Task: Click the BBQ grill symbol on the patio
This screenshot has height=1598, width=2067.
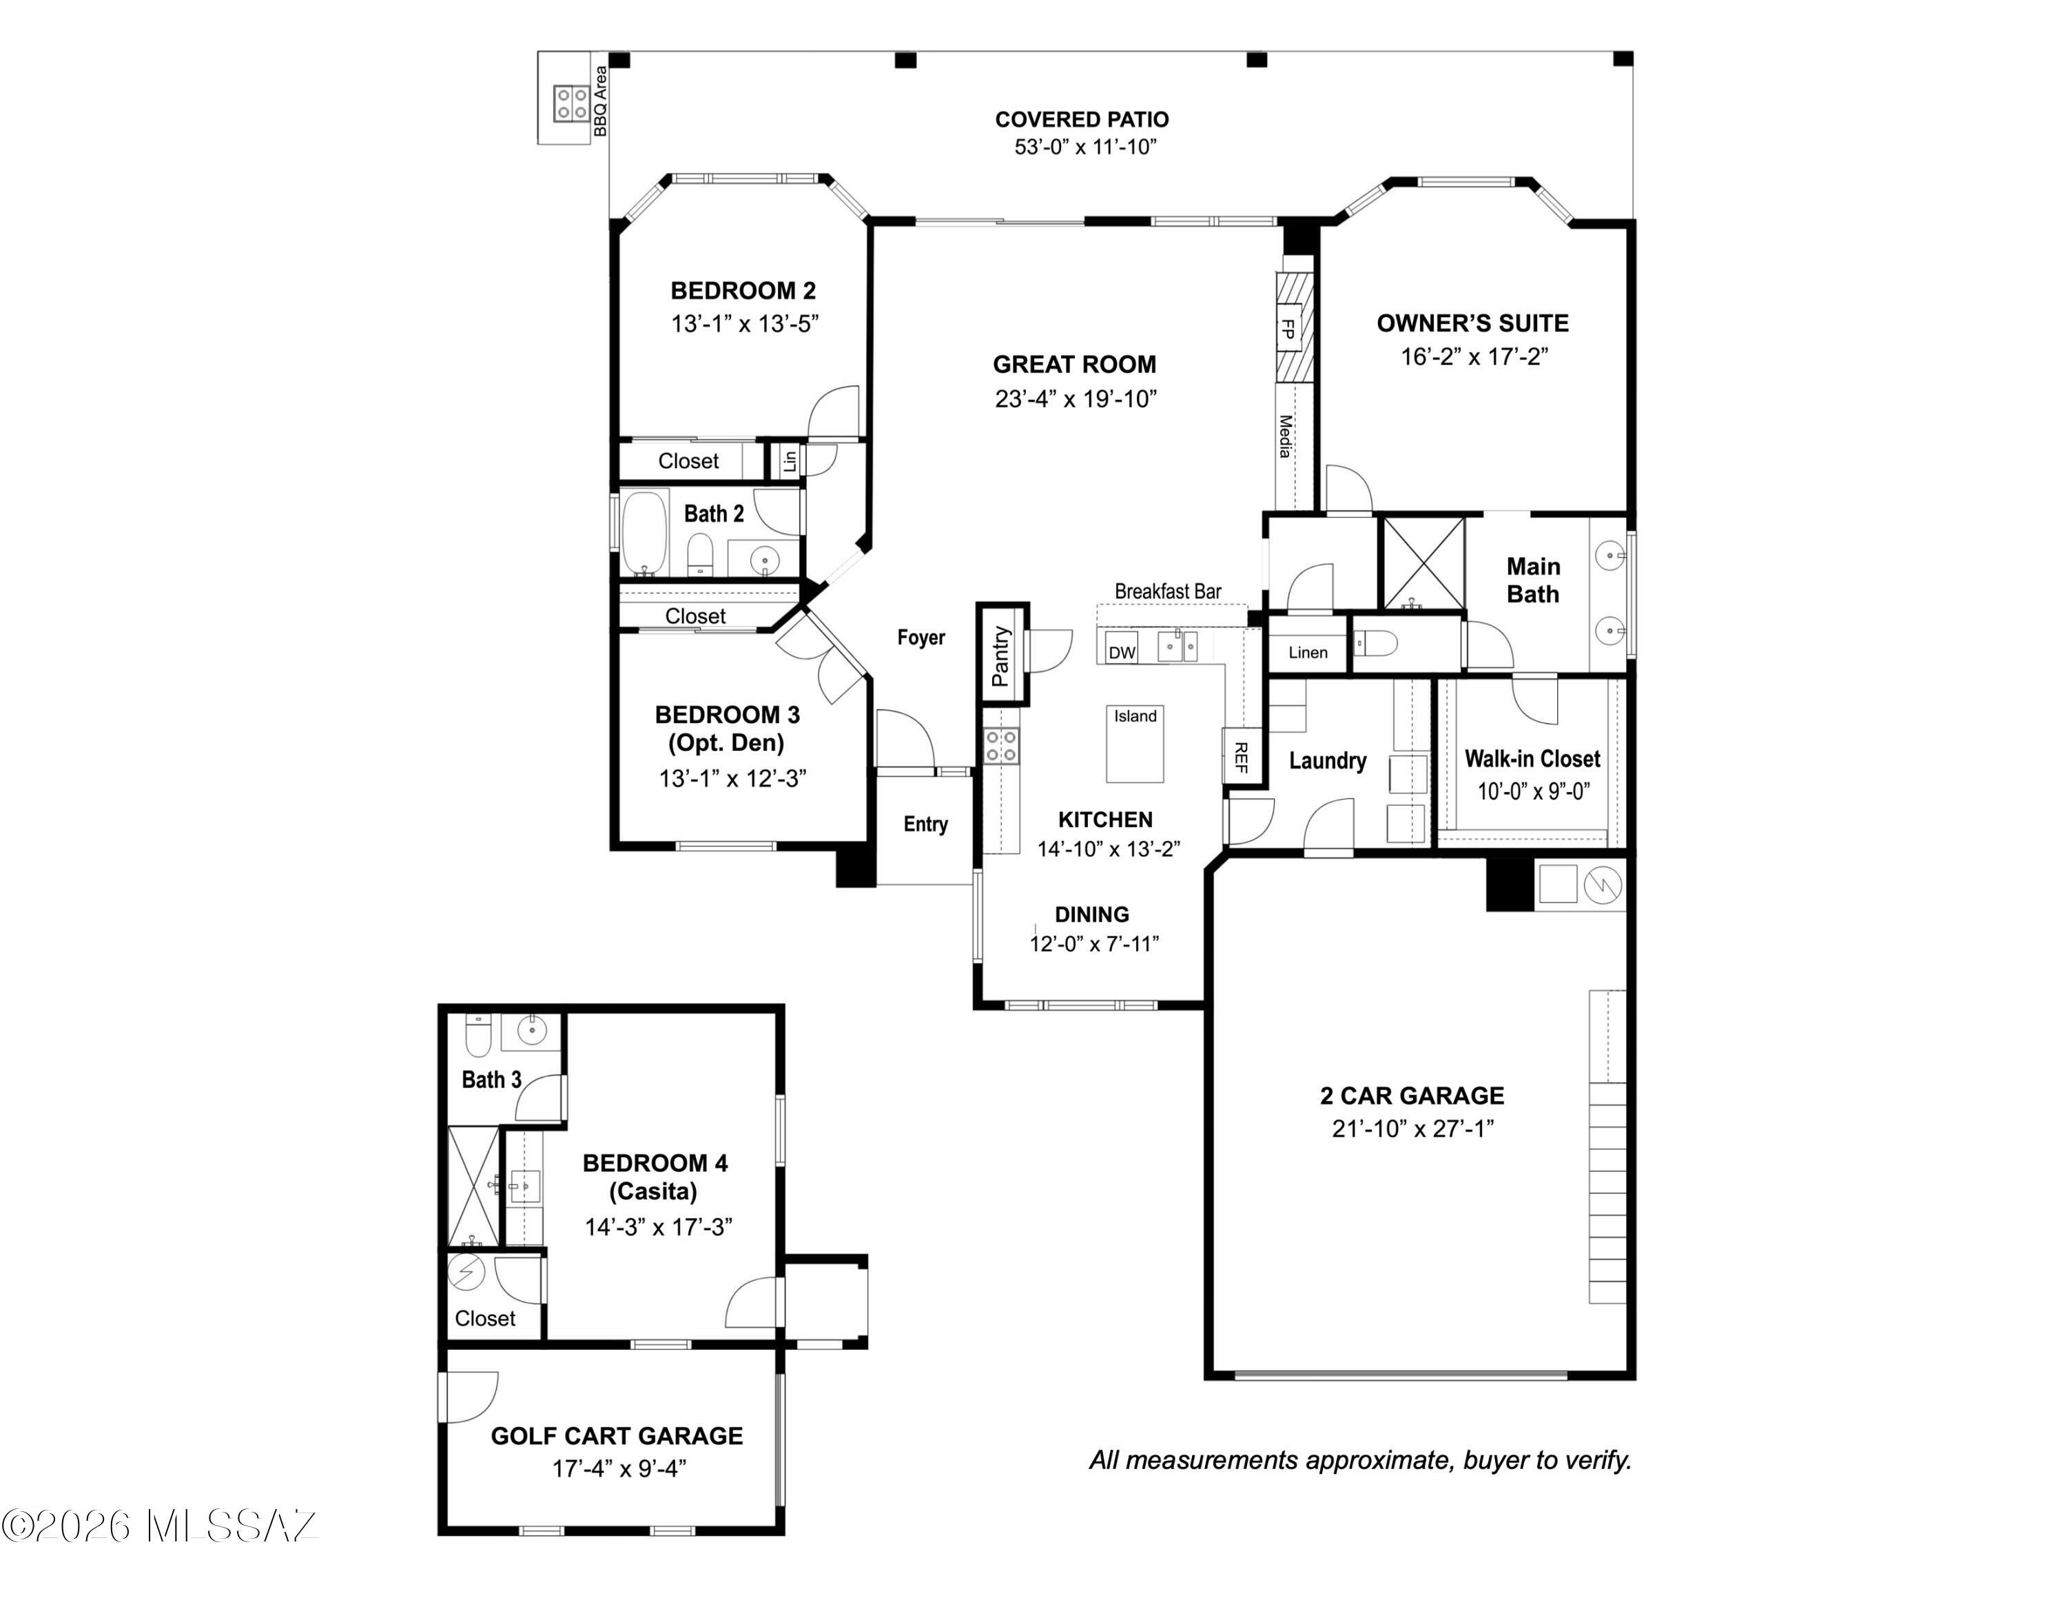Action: coord(572,102)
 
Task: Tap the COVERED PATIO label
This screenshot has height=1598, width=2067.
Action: coord(1082,119)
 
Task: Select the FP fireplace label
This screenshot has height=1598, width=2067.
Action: coord(1287,329)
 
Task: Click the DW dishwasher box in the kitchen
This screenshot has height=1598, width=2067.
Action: coord(1122,651)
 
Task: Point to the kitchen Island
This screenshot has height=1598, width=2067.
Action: coord(1135,744)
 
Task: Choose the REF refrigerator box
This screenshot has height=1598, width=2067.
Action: coord(1242,756)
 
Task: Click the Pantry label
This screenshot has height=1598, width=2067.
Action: coord(1001,655)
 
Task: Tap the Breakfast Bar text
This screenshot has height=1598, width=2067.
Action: coord(1168,591)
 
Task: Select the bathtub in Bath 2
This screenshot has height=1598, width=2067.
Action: coord(644,533)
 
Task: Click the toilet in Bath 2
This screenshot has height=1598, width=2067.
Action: coord(699,554)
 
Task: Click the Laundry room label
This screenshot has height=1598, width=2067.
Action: coord(1328,760)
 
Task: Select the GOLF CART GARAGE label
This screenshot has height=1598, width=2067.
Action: coord(617,1435)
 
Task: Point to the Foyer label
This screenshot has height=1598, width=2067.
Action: coord(921,637)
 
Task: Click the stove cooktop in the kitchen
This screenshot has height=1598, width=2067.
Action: coord(1000,746)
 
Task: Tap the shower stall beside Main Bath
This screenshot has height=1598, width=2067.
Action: coord(1423,563)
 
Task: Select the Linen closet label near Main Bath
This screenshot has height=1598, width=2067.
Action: coord(1308,651)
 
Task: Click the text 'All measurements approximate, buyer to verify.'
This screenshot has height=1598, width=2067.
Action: coord(1361,1460)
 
